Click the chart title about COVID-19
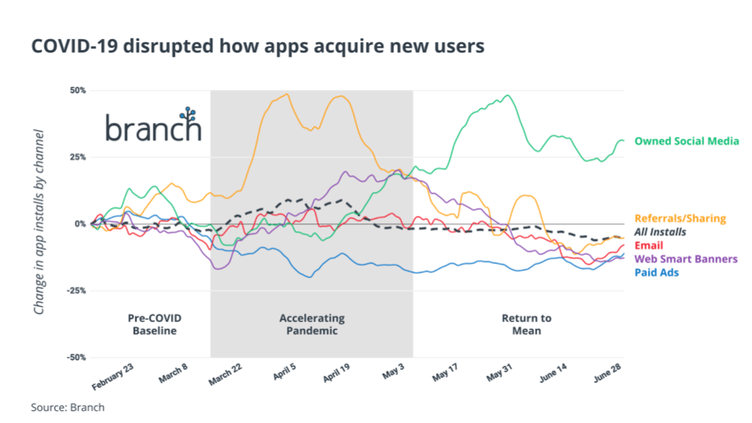[x=258, y=46]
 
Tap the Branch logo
[x=154, y=126]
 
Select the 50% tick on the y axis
[x=77, y=90]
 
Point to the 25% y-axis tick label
[x=77, y=157]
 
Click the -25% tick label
[x=75, y=291]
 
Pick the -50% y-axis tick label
[x=75, y=357]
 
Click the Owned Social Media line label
[x=686, y=142]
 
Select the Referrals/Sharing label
[x=680, y=219]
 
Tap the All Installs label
[x=660, y=232]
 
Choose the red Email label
[x=649, y=245]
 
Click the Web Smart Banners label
[x=685, y=258]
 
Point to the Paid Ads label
[x=656, y=272]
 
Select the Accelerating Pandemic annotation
[x=312, y=324]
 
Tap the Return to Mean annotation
[x=526, y=324]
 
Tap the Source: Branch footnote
[x=67, y=407]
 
